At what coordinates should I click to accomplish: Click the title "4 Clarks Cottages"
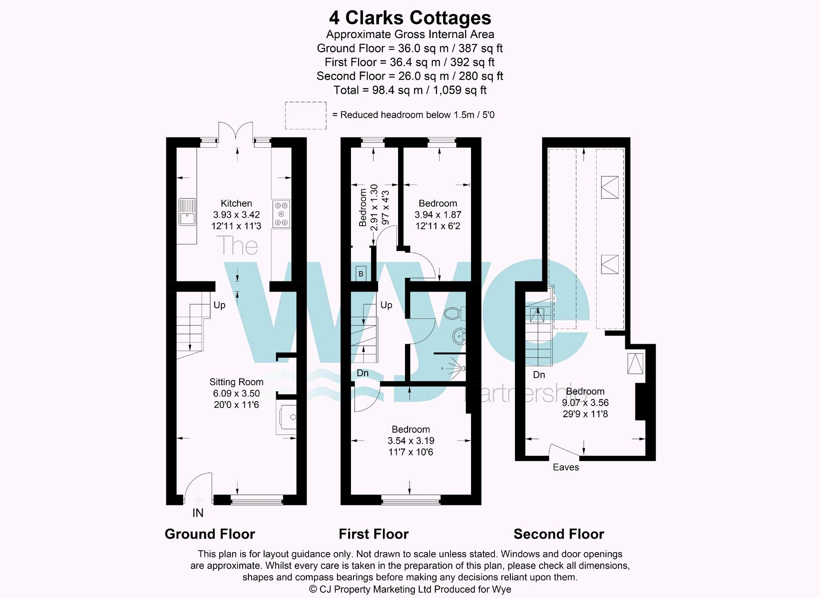[410, 18]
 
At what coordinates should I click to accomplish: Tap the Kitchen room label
[236, 203]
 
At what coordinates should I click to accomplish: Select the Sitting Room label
[236, 382]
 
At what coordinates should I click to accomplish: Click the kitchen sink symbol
[187, 212]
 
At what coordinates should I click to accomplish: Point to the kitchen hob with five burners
[281, 214]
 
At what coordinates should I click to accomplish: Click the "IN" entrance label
[198, 513]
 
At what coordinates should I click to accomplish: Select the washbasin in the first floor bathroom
[460, 336]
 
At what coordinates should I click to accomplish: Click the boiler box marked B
[361, 274]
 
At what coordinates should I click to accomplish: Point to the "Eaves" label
[566, 467]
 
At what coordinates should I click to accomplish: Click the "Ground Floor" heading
[210, 534]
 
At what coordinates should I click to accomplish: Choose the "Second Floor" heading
[559, 534]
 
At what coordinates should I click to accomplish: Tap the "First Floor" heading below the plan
[374, 534]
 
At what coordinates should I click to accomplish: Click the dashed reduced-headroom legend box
[306, 115]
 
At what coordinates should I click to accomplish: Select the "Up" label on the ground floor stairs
[219, 305]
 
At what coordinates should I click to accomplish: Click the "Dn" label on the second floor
[539, 375]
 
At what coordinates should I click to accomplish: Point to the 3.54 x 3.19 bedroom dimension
[411, 441]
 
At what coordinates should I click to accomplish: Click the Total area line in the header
[410, 90]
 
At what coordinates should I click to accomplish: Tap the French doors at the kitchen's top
[236, 131]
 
